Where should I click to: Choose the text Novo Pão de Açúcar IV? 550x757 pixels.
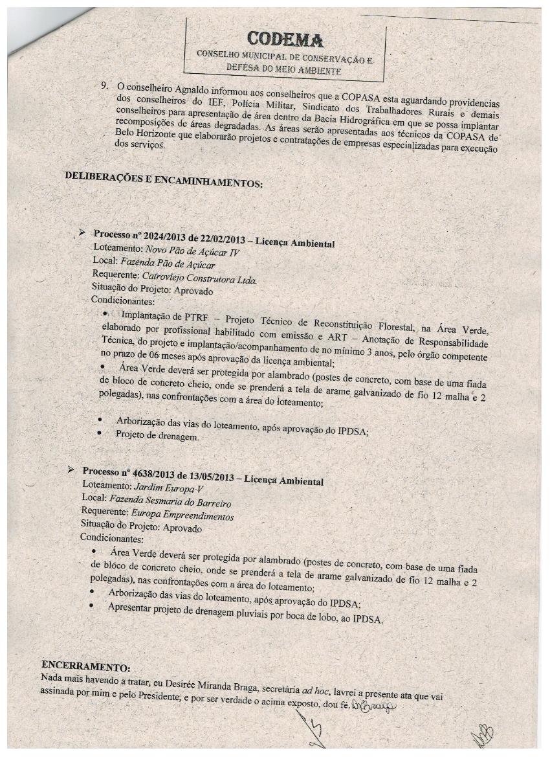pos(182,252)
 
